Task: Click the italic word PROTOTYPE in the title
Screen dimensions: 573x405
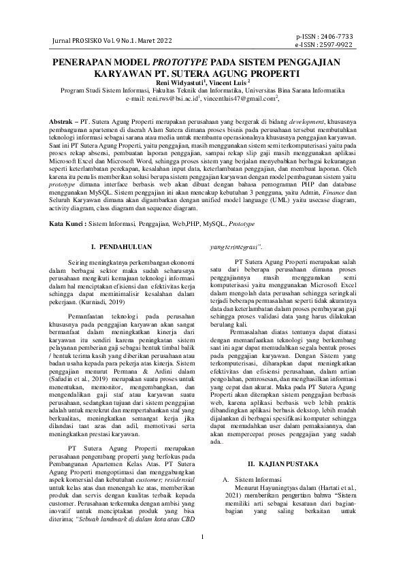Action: point(176,61)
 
